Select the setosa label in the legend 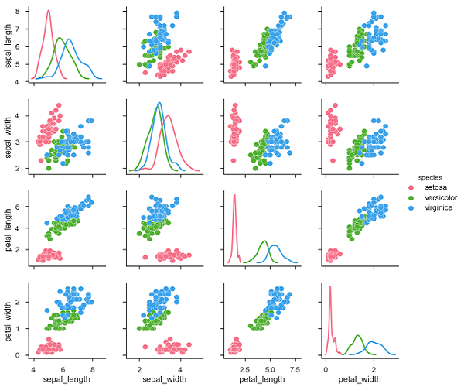point(435,188)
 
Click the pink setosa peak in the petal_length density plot point(234,194)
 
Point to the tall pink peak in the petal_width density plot point(329,287)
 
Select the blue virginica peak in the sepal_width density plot point(159,102)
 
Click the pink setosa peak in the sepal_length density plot point(48,11)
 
